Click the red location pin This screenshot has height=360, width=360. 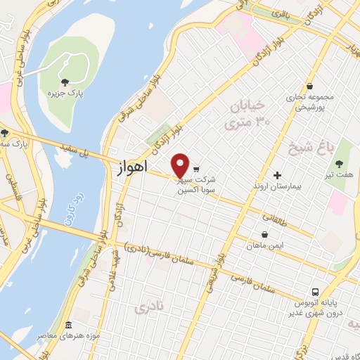click(x=181, y=165)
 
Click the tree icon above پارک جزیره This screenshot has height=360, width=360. click(x=65, y=82)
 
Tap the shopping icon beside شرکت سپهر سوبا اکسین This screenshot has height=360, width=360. click(x=196, y=169)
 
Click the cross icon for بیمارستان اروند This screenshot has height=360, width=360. click(x=277, y=175)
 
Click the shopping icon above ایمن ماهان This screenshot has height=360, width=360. click(x=264, y=235)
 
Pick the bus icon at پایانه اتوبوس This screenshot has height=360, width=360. click(x=316, y=291)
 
